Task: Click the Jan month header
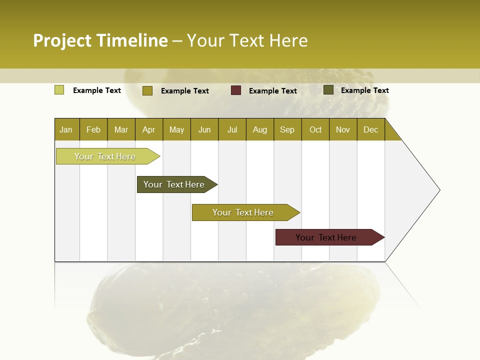click(x=66, y=129)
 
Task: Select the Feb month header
click(x=93, y=129)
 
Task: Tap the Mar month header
click(x=121, y=129)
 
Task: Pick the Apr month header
click(x=148, y=129)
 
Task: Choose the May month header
click(x=176, y=129)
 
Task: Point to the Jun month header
click(x=204, y=129)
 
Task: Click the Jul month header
click(x=232, y=129)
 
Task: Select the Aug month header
click(x=259, y=129)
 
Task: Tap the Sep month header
click(x=287, y=129)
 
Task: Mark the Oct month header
click(x=315, y=129)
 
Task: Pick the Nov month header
click(x=343, y=129)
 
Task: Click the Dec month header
click(x=370, y=129)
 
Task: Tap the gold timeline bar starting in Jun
click(x=243, y=212)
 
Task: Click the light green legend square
click(x=59, y=90)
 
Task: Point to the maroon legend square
click(x=236, y=90)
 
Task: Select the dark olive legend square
click(x=328, y=90)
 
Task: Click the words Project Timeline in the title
click(x=100, y=40)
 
